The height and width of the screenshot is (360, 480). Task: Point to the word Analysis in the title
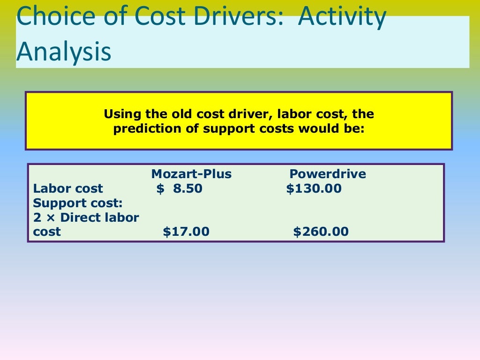[64, 52]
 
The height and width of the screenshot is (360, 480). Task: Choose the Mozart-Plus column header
[191, 174]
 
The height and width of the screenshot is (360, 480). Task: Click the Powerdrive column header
[327, 174]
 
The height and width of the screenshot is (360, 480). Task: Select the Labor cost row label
[68, 189]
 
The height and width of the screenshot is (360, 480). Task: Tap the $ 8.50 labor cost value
[180, 189]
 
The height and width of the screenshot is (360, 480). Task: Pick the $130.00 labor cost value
[314, 189]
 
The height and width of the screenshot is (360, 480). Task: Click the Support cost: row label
[77, 203]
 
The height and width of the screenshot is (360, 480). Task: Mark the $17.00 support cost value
[186, 232]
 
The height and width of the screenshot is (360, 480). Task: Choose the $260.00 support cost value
[321, 232]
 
